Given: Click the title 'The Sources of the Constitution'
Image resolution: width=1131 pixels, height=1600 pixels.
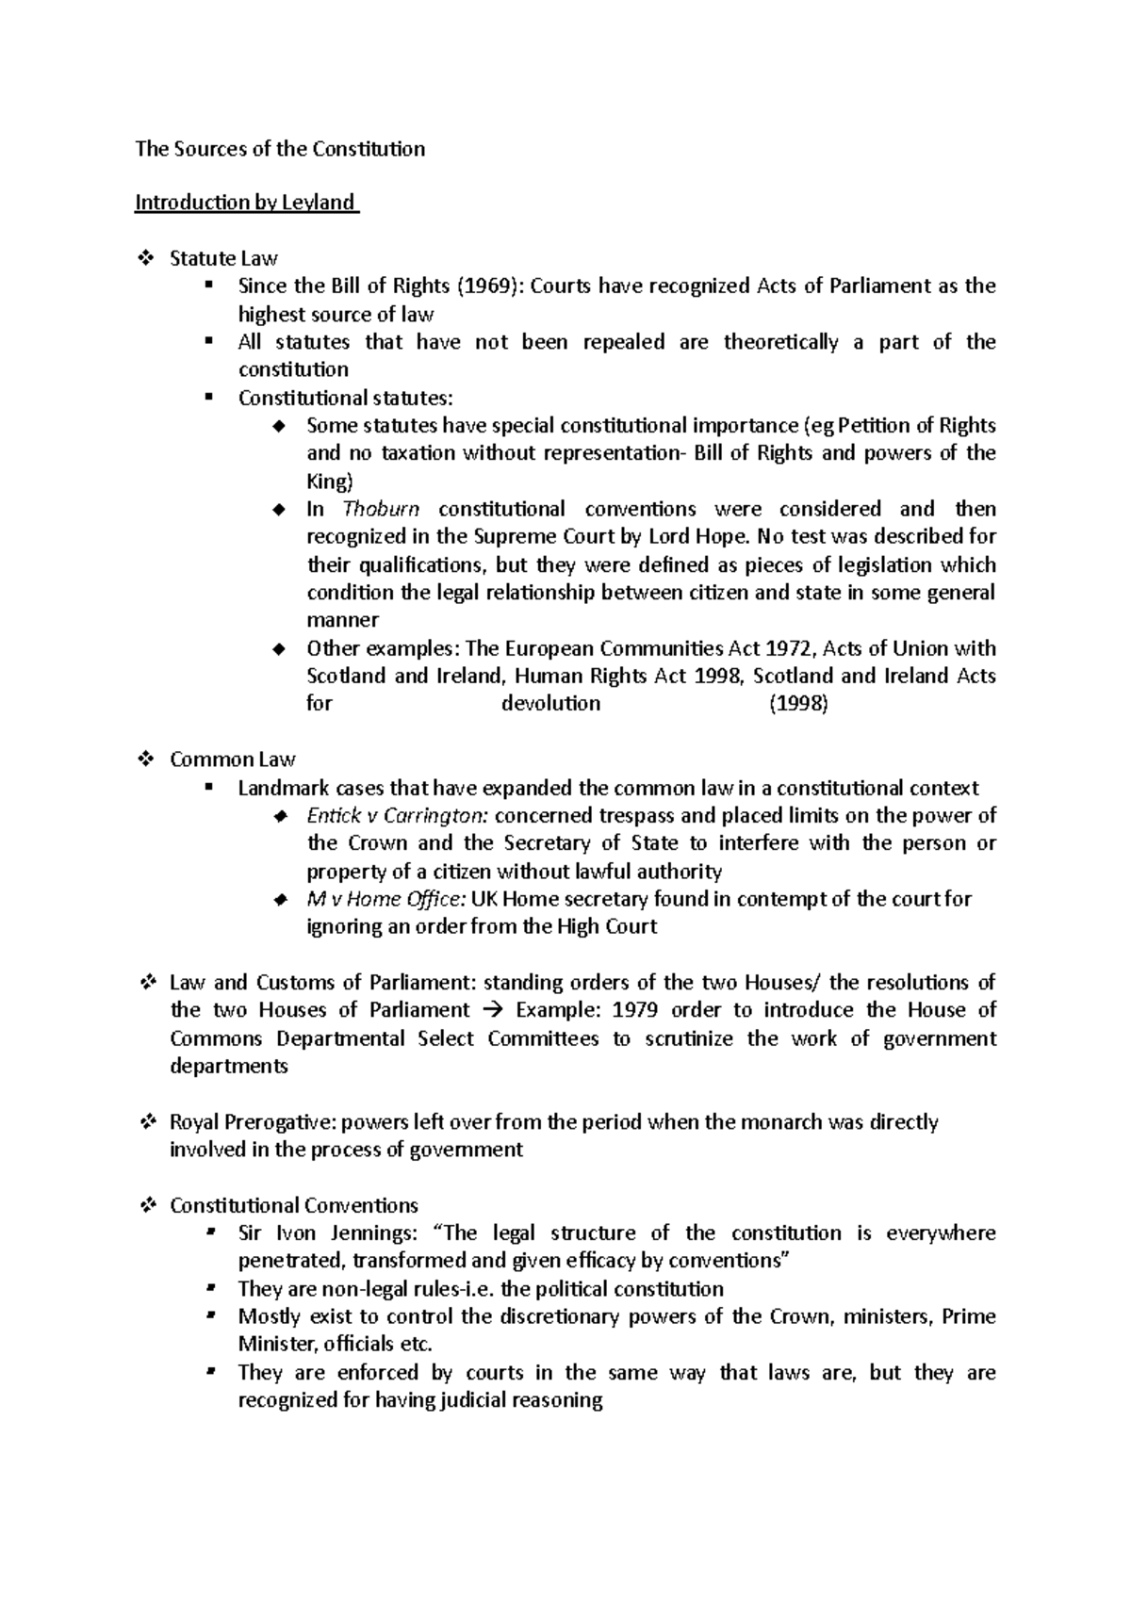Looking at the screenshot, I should click(x=280, y=149).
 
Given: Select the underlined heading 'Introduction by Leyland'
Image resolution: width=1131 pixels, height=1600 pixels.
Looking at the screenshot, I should click(x=246, y=203).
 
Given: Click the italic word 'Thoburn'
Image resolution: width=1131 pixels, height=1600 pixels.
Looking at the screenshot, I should click(x=381, y=510).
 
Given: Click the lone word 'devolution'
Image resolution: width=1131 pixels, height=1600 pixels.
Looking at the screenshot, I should click(x=550, y=704).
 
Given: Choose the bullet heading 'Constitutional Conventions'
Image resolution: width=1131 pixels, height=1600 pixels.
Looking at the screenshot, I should click(x=294, y=1206).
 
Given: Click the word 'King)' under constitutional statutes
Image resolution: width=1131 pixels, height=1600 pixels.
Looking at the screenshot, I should click(x=329, y=482).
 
